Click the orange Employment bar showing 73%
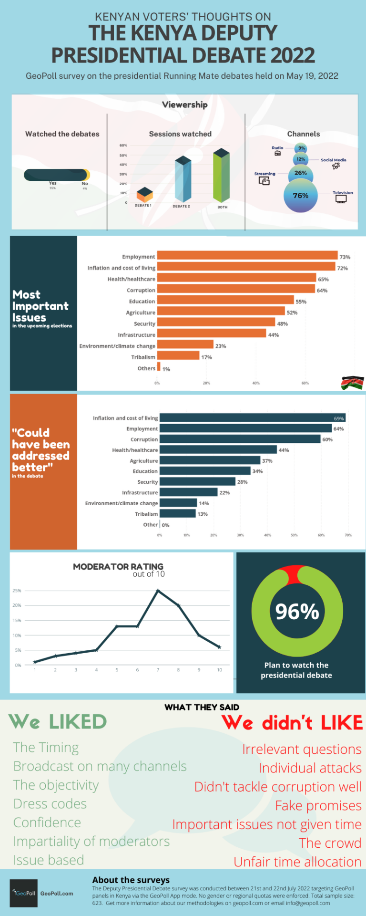click(247, 256)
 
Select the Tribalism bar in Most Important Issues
click(178, 356)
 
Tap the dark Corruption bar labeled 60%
click(240, 439)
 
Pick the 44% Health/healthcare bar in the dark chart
click(218, 449)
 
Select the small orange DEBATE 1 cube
click(144, 194)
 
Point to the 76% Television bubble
click(301, 196)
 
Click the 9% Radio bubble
click(301, 148)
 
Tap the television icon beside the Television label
click(341, 199)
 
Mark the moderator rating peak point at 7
click(158, 591)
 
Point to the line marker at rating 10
click(219, 647)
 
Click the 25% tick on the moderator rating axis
click(17, 591)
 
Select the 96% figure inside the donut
click(297, 612)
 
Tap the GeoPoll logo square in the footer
click(23, 893)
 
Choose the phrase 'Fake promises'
click(318, 806)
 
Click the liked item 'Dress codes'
click(50, 804)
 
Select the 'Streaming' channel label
click(264, 174)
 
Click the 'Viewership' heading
click(184, 104)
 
